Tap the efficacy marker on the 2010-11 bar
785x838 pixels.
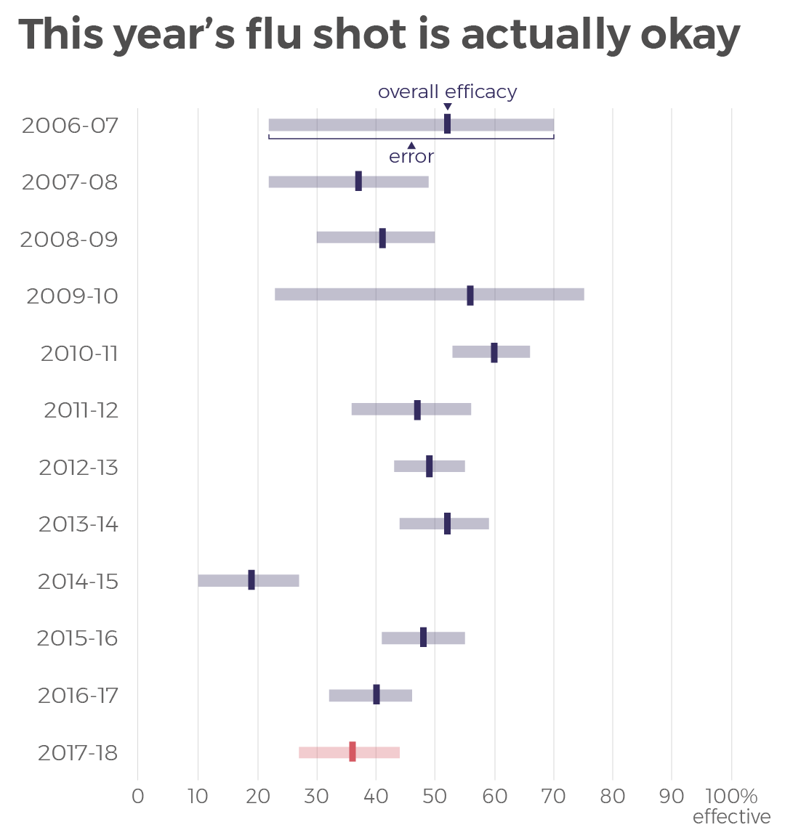(x=494, y=352)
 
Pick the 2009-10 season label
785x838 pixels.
(x=72, y=296)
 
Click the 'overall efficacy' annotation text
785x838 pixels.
(x=447, y=91)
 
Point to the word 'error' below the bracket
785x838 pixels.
(x=411, y=156)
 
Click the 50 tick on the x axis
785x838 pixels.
(x=435, y=796)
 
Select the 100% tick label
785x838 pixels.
(x=731, y=796)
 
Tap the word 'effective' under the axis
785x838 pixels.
(x=731, y=817)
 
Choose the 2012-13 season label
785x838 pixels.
(x=78, y=467)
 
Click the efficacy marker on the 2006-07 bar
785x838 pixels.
(x=447, y=124)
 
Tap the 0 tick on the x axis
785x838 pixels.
(x=137, y=796)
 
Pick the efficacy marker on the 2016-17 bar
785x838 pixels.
(x=376, y=695)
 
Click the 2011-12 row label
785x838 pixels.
(x=81, y=410)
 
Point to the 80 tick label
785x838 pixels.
(x=613, y=796)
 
